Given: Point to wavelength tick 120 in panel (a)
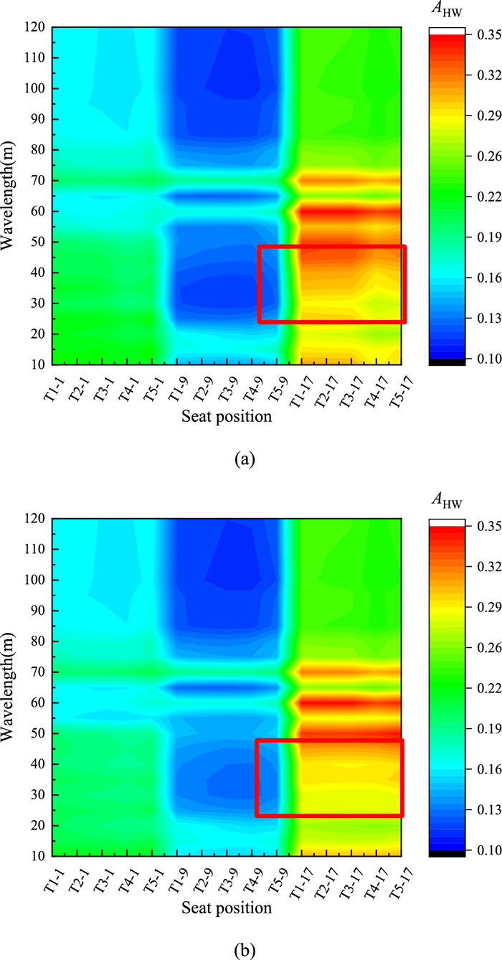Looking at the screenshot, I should (x=38, y=27).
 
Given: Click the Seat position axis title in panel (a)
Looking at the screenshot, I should (x=227, y=417).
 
